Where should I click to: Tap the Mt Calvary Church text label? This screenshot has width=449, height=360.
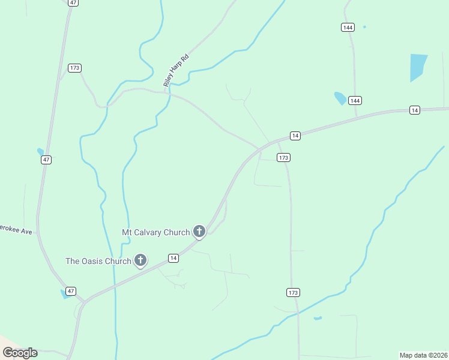155,232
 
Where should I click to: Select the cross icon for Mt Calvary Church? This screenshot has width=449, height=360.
199,231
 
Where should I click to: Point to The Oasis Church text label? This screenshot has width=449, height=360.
98,261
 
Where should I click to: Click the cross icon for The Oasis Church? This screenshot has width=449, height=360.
140,260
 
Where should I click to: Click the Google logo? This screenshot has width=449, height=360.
20,353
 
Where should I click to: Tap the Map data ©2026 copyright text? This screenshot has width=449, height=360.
423,355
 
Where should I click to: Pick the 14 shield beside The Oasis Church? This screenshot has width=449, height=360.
173,258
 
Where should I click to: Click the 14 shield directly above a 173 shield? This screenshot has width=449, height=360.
295,136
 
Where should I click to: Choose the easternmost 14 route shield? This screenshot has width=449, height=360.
414,110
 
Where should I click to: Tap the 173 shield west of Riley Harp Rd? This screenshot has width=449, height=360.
74,68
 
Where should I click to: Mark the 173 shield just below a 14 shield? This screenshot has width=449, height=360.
284,157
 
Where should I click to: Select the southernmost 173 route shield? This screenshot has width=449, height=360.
292,292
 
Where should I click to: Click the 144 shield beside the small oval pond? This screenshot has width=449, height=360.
355,100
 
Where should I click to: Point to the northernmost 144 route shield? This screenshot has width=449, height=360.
347,27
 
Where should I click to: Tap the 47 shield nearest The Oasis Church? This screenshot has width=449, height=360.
71,291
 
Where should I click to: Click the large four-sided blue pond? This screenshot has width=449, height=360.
417,67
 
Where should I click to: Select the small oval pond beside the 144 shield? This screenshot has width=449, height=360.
340,98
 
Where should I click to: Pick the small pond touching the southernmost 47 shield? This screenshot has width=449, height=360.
65,293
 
